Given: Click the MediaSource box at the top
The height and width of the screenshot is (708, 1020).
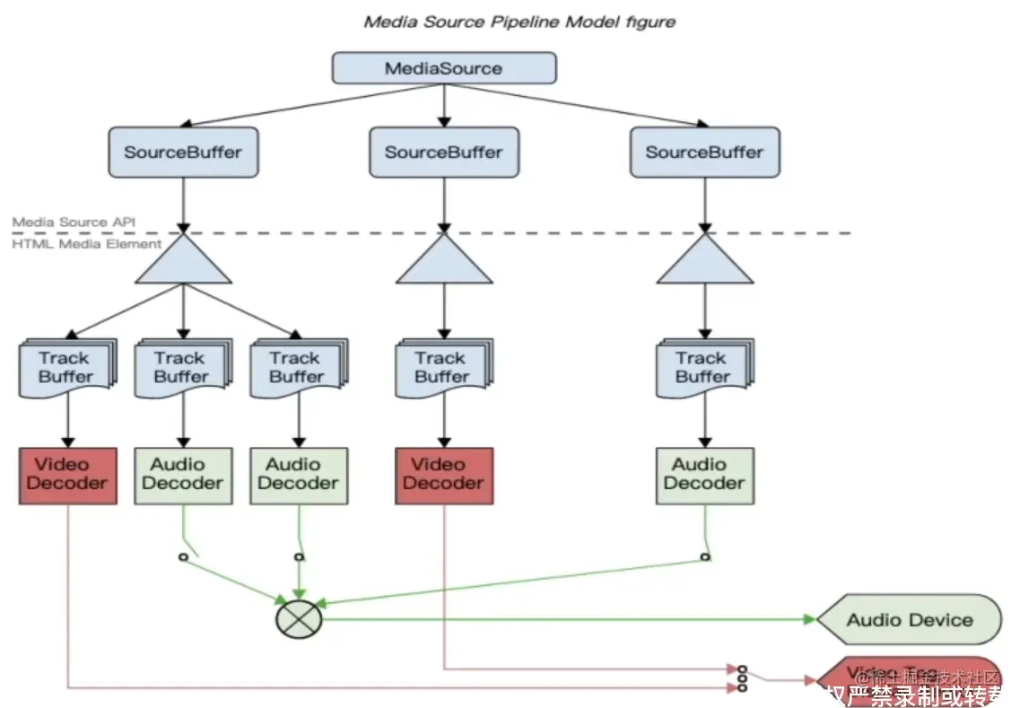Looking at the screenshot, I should click(443, 68).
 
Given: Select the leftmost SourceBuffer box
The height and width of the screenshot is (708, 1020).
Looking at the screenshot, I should click(183, 152).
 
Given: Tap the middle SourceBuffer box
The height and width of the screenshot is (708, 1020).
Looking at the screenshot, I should click(443, 152).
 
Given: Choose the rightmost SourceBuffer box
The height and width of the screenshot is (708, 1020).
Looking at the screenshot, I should click(704, 152).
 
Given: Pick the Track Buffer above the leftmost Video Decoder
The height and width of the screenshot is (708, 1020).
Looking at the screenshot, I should click(66, 367).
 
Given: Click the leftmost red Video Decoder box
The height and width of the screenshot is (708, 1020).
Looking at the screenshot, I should click(67, 475).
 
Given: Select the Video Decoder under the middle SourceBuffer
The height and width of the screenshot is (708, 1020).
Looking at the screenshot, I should click(443, 475).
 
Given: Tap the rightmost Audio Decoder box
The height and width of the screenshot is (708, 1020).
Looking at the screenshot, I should click(704, 475).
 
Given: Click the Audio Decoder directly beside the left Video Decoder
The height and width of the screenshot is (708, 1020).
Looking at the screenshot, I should click(183, 475).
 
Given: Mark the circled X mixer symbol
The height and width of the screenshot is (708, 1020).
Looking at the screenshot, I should click(299, 618).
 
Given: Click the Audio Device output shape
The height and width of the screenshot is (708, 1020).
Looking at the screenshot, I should click(910, 619).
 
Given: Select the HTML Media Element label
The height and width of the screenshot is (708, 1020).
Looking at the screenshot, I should click(87, 243).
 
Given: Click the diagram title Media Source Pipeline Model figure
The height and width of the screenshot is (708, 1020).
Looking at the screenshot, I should click(519, 22).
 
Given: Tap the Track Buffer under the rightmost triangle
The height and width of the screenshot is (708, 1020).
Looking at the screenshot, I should click(702, 367).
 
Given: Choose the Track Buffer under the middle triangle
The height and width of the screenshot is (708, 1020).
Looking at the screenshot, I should click(442, 367).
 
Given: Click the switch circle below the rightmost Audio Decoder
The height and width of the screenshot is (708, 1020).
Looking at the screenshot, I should click(705, 556).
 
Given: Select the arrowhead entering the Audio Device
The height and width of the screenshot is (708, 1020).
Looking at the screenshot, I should click(810, 619).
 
